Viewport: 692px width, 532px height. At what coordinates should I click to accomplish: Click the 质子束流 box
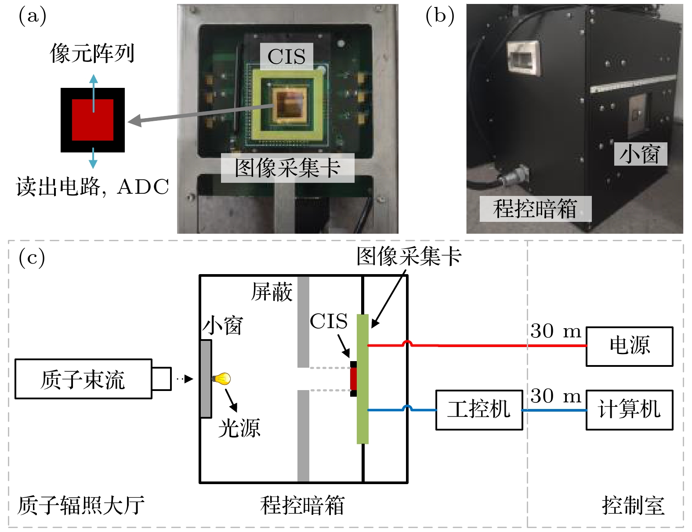pos(83,379)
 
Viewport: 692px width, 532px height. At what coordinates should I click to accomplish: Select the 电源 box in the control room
pos(629,346)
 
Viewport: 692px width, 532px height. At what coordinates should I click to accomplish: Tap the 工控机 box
pos(479,409)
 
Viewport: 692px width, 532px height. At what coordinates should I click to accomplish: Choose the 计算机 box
pos(629,409)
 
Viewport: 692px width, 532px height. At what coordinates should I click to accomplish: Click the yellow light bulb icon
pos(222,378)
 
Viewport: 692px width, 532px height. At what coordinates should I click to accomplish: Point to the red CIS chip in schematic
pos(354,379)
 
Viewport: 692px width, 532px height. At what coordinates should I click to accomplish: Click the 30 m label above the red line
pos(556,331)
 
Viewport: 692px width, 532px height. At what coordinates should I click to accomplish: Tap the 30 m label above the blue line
pos(556,396)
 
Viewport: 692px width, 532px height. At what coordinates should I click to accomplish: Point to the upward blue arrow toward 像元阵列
pos(93,90)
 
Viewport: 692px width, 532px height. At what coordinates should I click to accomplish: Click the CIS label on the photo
pos(286,56)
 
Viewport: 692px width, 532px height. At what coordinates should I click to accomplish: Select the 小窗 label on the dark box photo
pos(640,154)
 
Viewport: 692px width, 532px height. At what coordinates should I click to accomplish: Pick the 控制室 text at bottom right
pos(633,505)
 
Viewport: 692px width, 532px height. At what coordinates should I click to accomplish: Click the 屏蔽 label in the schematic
pos(272,292)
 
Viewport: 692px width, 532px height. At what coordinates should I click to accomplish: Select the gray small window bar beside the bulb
pos(206,379)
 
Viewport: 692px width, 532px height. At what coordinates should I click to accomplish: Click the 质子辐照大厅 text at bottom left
pos(81,505)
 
